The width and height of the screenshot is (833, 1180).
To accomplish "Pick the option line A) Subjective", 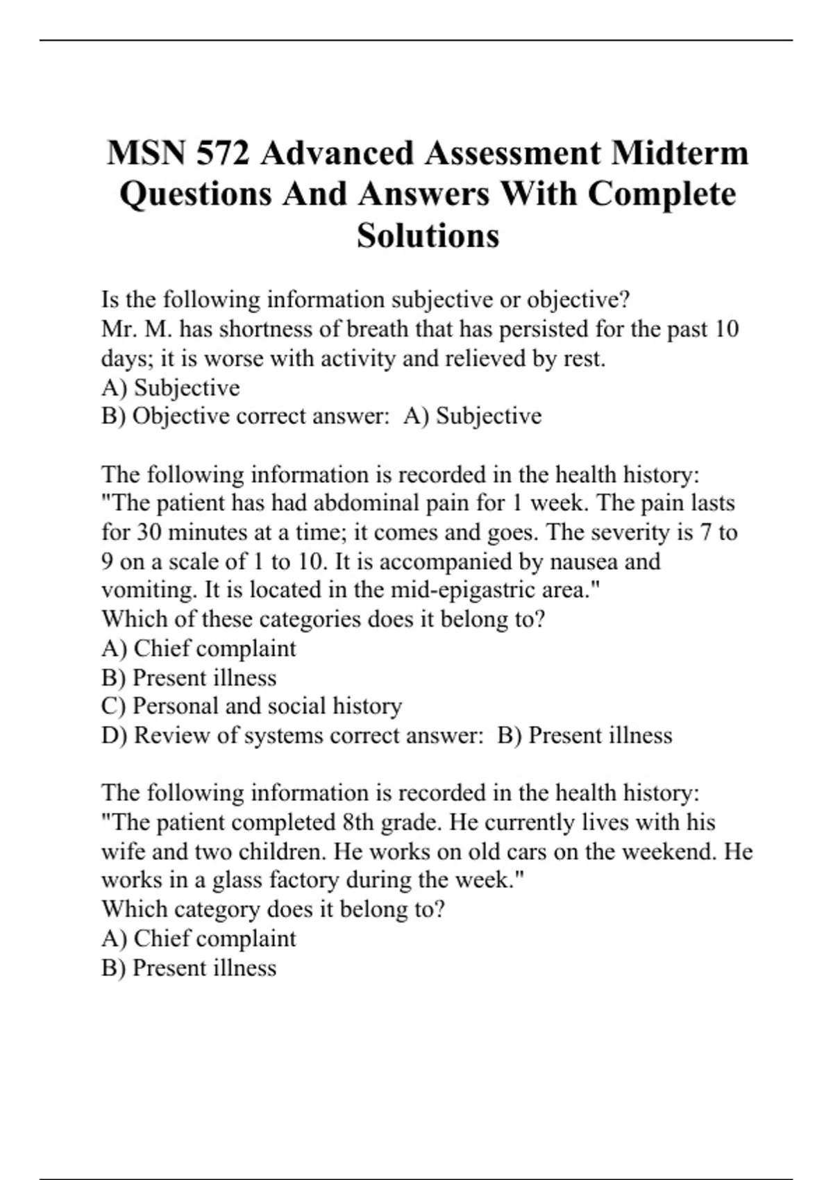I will pyautogui.click(x=171, y=387).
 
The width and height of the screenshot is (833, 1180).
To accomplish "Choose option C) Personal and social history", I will pyautogui.click(x=251, y=706).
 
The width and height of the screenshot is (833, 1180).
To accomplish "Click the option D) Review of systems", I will pyautogui.click(x=212, y=735).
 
